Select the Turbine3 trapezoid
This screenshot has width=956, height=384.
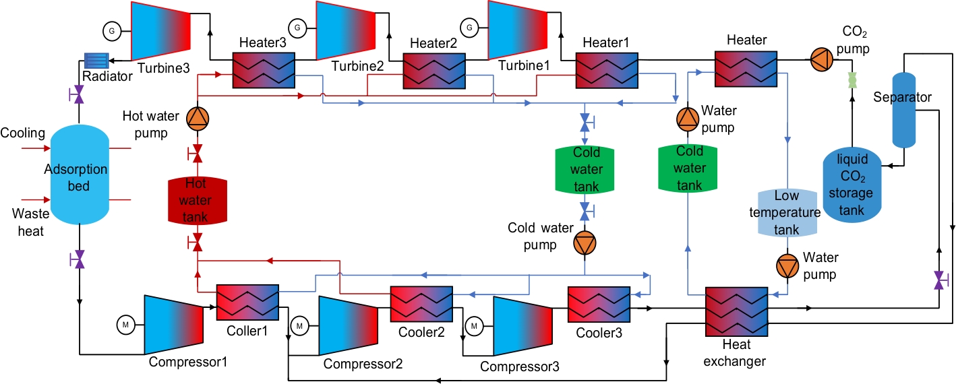point(160,30)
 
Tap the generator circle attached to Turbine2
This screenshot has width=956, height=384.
point(297,28)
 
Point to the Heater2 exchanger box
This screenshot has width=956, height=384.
point(434,71)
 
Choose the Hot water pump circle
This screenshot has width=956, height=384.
point(198,118)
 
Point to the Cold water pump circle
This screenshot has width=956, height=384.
point(585,243)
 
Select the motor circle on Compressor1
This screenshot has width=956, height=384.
point(126,325)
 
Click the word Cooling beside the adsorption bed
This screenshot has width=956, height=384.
point(22,133)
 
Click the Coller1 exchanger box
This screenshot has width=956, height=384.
point(247,302)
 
